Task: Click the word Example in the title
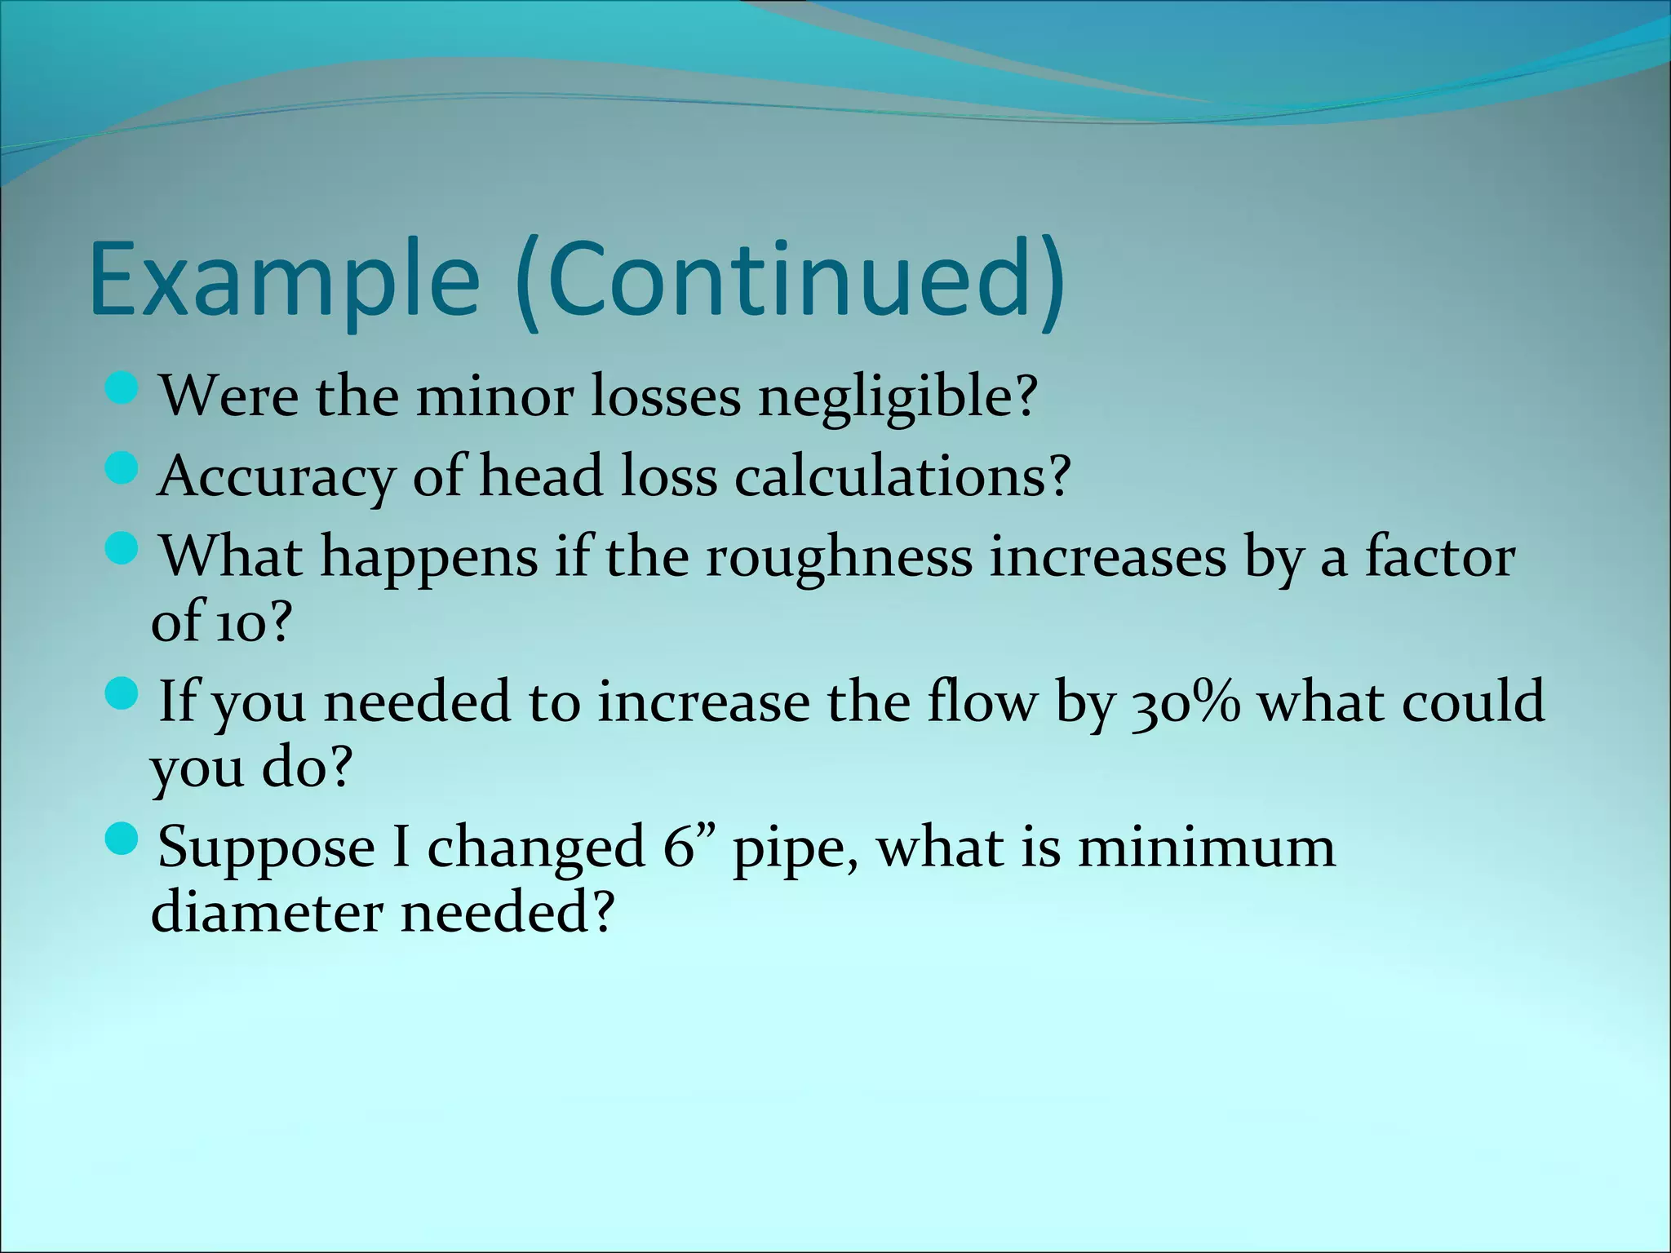284,279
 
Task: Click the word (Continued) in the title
791,279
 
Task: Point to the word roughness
839,557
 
